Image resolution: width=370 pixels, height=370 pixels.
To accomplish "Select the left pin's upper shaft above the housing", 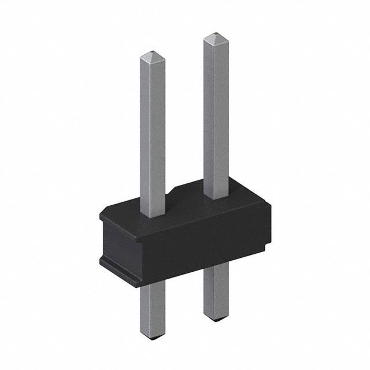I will click(x=153, y=133).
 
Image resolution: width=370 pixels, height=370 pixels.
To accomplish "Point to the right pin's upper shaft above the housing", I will click(x=215, y=116).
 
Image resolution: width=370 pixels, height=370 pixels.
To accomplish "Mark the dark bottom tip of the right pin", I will click(x=213, y=320).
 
